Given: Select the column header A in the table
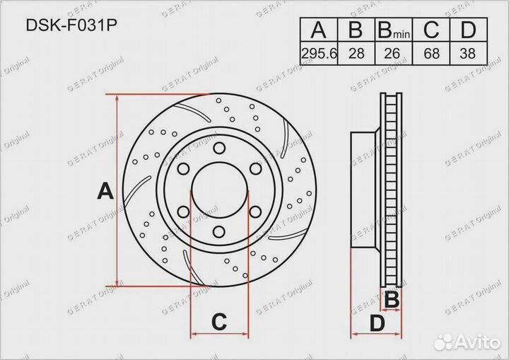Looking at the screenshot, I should pos(318,31).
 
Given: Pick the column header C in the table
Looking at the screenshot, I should pos(430,31).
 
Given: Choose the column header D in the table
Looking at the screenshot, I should pos(467,31).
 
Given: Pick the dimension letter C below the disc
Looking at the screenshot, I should pos(219,323).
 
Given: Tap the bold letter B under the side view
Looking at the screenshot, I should pos(391,300).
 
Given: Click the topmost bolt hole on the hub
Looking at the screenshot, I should pos(219,148).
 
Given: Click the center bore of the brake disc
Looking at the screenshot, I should pos(219,190).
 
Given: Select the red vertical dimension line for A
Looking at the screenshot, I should pos(117,191).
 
